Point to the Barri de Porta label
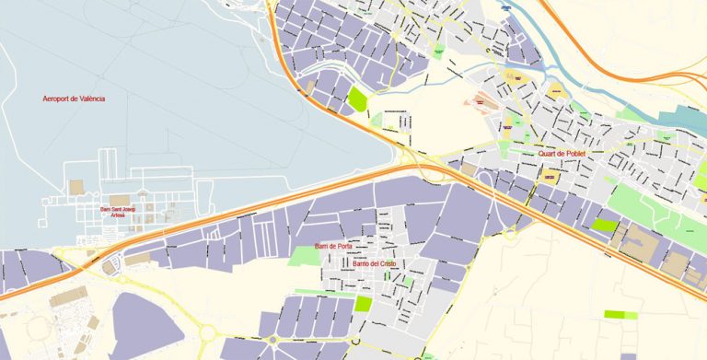pos(333,247)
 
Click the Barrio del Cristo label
pos(374,263)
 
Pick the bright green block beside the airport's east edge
pos(356,98)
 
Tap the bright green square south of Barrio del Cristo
pos(363,303)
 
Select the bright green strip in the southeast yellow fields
pos(620,315)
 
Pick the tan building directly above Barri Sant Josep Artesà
pos(120,200)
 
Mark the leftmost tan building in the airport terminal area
pos(76,188)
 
